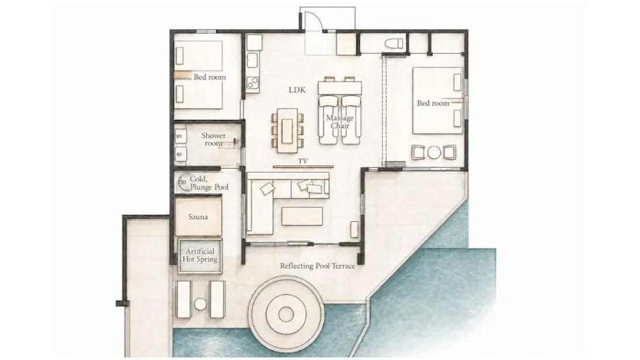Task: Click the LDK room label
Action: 297,90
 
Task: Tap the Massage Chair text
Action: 340,122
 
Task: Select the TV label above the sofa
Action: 303,161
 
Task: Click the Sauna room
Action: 198,217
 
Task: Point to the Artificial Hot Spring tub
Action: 200,256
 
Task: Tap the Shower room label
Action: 213,140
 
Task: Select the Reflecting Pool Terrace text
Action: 317,266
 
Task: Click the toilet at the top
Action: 394,43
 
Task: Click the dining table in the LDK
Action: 288,130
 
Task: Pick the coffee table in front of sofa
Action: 302,216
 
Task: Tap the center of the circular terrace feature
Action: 286,314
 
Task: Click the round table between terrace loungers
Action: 200,304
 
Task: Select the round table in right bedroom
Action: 435,152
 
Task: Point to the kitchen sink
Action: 253,60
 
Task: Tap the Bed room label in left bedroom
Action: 210,77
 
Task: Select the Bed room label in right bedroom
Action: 433,103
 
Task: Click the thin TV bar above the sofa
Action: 303,167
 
